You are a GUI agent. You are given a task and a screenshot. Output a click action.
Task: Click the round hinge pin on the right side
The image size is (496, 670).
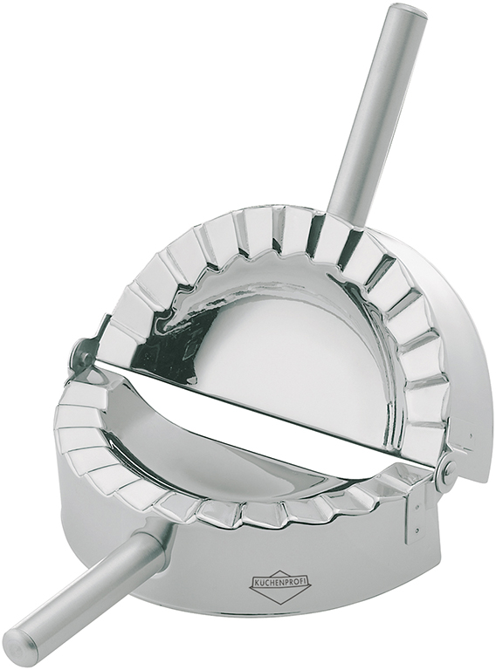pyautogui.click(x=450, y=470)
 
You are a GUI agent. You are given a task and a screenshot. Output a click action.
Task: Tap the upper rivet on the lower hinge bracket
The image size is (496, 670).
pyautogui.click(x=417, y=509)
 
